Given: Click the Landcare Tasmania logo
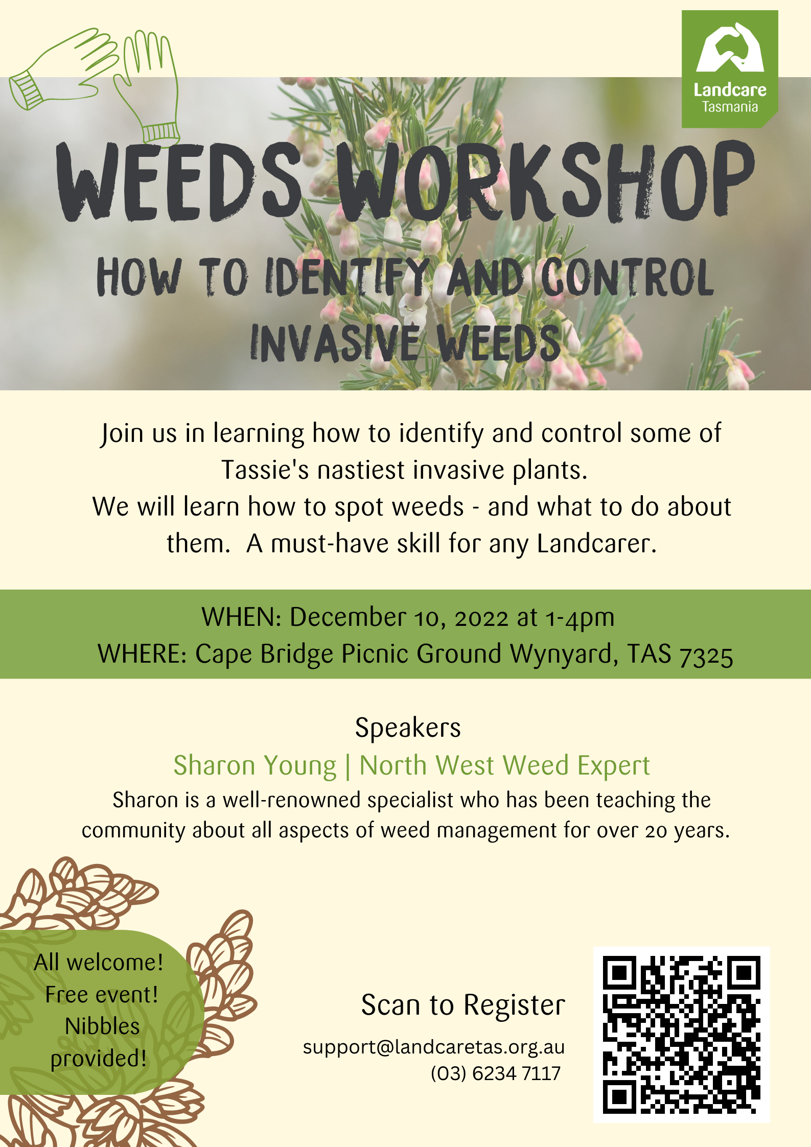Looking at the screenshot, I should (x=729, y=69).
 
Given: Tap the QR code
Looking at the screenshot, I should (x=681, y=1034).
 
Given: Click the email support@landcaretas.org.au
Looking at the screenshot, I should (x=433, y=1047).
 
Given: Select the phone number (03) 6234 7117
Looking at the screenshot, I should (x=495, y=1073).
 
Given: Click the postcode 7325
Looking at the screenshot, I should (x=706, y=655).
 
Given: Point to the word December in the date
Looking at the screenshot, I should (x=348, y=617).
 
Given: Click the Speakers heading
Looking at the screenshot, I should (x=408, y=728).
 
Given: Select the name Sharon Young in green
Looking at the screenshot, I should (x=254, y=765).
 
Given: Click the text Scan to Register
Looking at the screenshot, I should (x=463, y=1005).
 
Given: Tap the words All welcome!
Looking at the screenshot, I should (x=99, y=963).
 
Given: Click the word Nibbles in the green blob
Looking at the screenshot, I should (x=102, y=1026).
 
